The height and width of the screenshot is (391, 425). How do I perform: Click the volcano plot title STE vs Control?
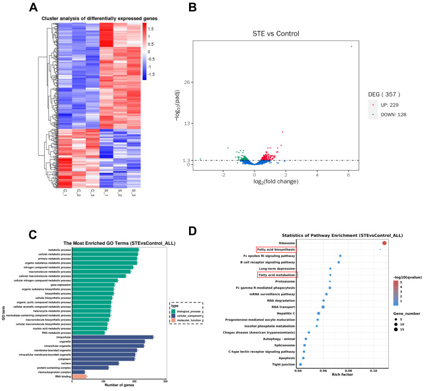click(276, 34)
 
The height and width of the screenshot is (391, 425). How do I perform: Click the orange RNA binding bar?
click(79, 376)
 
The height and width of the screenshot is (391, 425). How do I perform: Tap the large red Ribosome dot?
click(385, 243)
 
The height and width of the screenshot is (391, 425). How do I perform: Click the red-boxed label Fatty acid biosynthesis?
click(276, 249)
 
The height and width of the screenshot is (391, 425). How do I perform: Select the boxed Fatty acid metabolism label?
click(277, 275)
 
